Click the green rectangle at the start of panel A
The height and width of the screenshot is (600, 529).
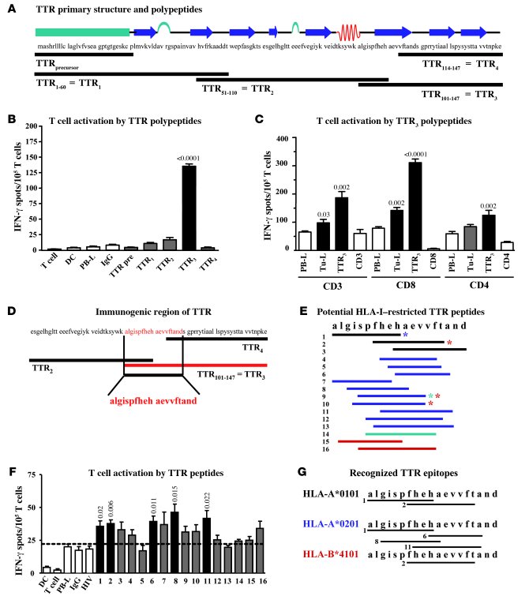(82, 32)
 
